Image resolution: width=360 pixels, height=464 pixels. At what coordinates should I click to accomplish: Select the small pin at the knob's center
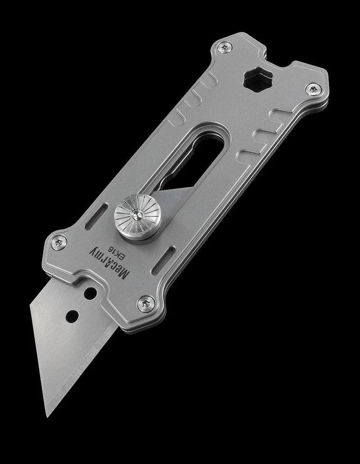pos(136,217)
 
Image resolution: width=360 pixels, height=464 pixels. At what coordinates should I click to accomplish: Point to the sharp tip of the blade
pos(48,416)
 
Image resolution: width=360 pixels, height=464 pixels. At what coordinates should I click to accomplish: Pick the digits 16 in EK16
pos(117,248)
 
